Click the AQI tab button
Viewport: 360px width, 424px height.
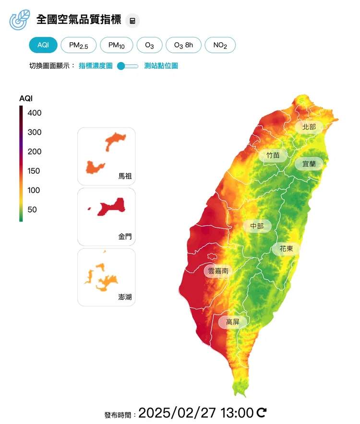click(x=43, y=45)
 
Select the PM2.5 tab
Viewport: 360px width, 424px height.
click(x=79, y=45)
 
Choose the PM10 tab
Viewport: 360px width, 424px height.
click(x=117, y=45)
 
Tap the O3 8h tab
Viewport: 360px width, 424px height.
click(x=183, y=45)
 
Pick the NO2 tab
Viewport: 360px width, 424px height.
click(x=220, y=45)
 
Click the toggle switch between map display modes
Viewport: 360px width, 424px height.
click(x=128, y=66)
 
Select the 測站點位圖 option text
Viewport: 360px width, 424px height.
click(x=161, y=66)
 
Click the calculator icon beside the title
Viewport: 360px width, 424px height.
click(x=132, y=21)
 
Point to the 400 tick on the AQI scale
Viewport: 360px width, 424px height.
click(x=34, y=113)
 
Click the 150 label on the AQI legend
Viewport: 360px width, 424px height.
click(x=34, y=171)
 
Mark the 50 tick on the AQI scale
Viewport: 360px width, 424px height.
click(x=32, y=210)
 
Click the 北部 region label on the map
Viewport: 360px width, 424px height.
click(x=309, y=127)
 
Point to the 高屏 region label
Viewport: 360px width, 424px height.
click(x=233, y=322)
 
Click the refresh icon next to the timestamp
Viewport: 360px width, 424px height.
click(x=262, y=412)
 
